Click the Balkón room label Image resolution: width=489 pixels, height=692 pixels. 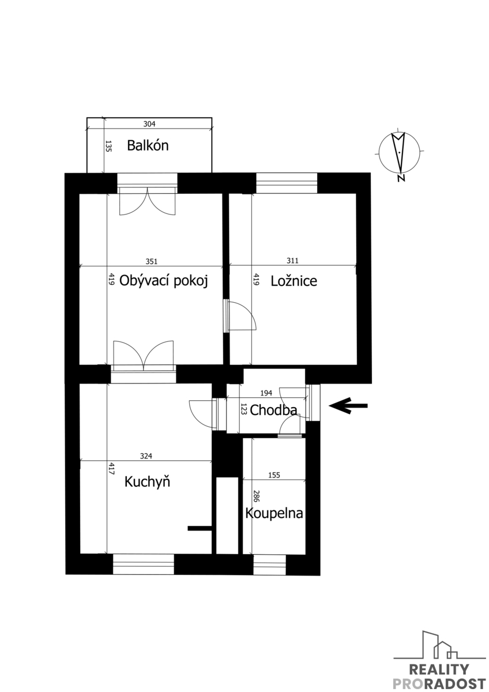click(148, 145)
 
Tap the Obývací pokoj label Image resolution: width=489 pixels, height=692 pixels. click(163, 281)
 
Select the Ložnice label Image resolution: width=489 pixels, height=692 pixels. click(294, 281)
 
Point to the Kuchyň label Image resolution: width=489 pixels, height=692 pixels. click(147, 481)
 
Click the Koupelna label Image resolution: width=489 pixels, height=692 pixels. click(274, 513)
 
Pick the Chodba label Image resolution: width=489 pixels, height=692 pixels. click(273, 410)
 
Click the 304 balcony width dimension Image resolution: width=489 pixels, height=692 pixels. click(149, 124)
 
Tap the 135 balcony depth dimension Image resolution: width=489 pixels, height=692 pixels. click(108, 146)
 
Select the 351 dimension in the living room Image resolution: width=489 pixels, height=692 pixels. click(151, 261)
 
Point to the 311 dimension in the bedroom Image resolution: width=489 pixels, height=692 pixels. click(292, 261)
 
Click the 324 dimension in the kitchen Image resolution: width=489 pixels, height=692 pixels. click(146, 456)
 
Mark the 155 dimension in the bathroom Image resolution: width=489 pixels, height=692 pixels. click(274, 475)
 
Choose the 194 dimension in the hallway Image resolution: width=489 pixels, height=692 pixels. click(266, 393)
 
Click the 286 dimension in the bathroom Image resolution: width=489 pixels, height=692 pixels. click(256, 496)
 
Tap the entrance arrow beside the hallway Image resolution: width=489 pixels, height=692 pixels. click(348, 405)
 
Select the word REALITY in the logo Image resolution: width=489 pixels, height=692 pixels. click(439, 669)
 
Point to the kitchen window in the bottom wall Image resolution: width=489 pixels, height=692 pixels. click(144, 564)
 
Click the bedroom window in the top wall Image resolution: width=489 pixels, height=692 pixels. click(287, 183)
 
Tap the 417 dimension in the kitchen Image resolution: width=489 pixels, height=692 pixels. click(111, 468)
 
